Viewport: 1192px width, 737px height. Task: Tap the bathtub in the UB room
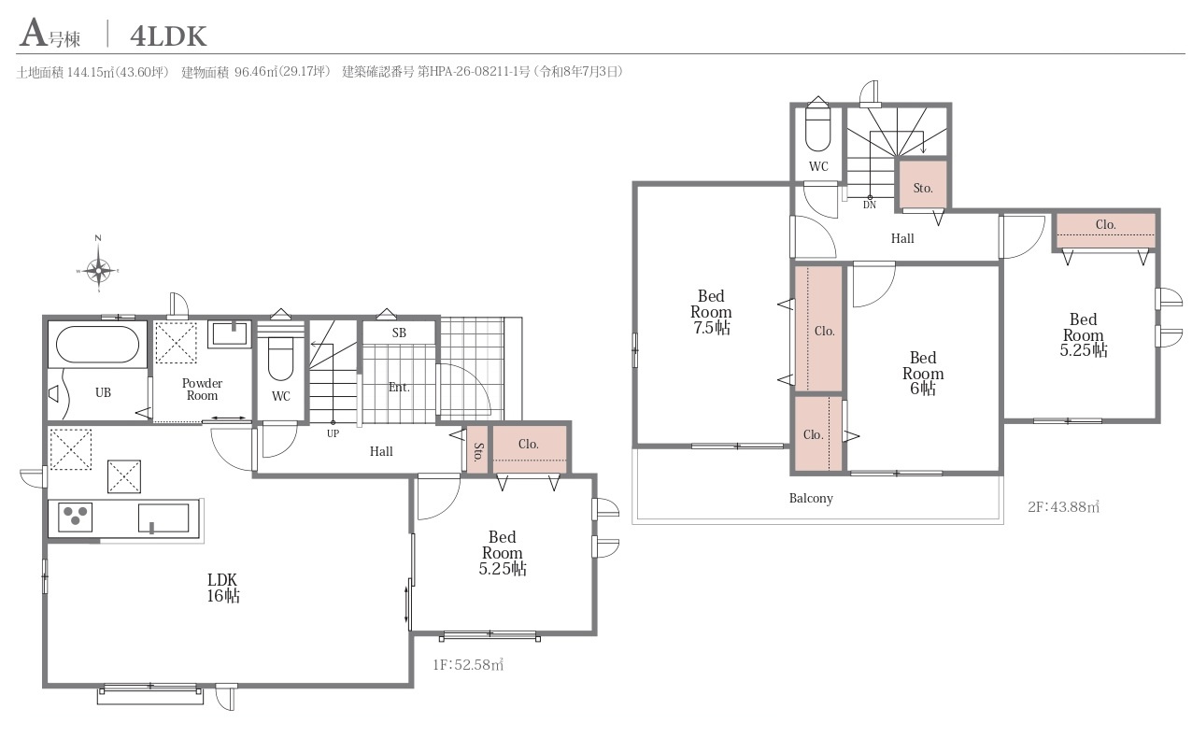[97, 345]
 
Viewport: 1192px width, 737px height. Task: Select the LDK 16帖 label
[223, 588]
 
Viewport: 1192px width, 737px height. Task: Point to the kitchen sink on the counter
[163, 517]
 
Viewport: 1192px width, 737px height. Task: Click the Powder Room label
[202, 389]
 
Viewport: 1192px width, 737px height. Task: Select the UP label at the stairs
[333, 433]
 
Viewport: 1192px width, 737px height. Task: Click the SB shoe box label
[399, 333]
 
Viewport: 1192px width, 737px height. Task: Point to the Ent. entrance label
[399, 387]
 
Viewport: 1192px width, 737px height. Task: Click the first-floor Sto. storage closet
[478, 450]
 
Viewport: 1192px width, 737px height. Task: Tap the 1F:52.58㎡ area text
[468, 665]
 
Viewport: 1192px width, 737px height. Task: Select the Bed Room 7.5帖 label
[711, 311]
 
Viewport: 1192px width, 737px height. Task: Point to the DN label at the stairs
[870, 205]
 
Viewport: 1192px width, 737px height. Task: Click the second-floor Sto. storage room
[923, 185]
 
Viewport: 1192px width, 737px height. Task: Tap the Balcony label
[811, 498]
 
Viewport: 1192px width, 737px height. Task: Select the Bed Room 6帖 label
[923, 373]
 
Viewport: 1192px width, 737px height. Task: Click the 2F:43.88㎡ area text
[1064, 506]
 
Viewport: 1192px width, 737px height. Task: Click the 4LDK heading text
[168, 36]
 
